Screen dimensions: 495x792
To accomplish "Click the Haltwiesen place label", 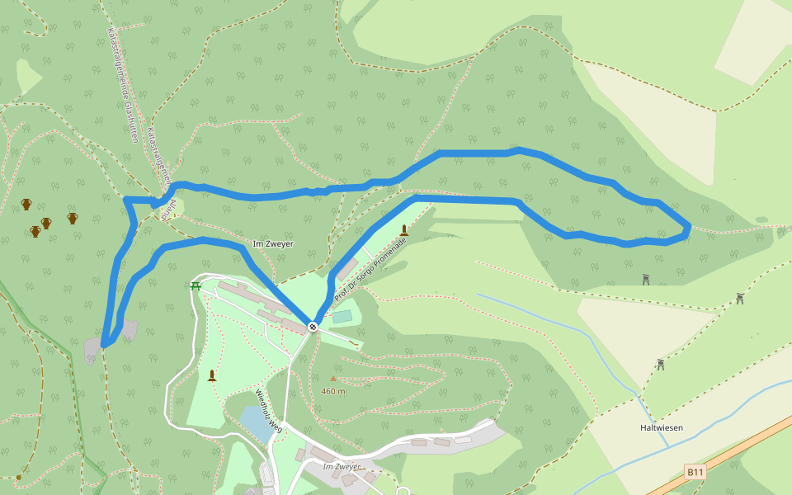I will (x=661, y=428).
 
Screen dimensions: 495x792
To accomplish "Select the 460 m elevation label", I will (x=333, y=391).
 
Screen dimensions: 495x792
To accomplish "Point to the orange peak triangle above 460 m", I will (x=333, y=379).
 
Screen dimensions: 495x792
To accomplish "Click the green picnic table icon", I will (x=196, y=286).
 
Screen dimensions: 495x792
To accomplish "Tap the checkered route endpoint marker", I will (x=313, y=327).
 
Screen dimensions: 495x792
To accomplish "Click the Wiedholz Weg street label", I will (x=269, y=411).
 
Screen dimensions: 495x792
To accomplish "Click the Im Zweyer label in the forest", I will (x=273, y=244).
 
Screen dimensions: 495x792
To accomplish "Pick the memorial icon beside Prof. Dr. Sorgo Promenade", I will (x=403, y=230).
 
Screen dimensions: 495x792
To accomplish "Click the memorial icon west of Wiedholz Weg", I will (x=212, y=375).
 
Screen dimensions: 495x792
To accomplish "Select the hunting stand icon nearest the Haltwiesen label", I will (x=661, y=364).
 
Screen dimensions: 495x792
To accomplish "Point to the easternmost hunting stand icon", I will (x=739, y=298).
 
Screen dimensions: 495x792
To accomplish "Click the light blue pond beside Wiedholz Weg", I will (x=255, y=423).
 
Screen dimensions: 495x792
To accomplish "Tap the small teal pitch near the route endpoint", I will (x=342, y=317).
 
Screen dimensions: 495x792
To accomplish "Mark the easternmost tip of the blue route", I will (x=689, y=225).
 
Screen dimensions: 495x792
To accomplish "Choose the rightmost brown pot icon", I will (x=73, y=218).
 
